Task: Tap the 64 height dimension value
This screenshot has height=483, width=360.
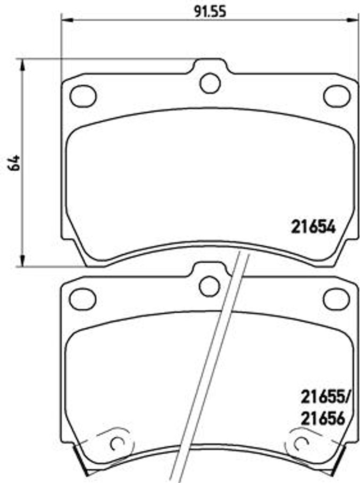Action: pos(14,163)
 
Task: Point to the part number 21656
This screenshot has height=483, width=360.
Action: pos(322,418)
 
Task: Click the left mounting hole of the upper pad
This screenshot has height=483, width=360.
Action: pos(83,96)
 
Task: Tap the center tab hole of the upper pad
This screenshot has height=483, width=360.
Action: pos(210,83)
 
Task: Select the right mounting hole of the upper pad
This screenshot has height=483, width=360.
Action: pos(337,96)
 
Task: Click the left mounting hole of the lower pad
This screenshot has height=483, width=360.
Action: pos(83,299)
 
